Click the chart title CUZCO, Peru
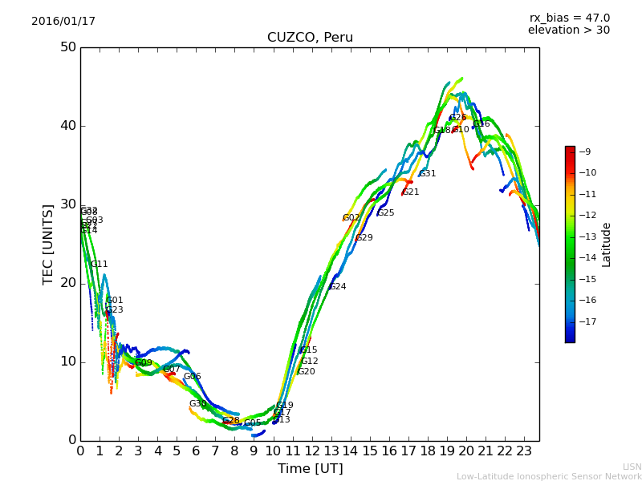click(x=310, y=38)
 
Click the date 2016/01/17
click(x=63, y=22)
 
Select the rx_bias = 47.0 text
click(x=569, y=18)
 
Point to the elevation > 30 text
click(x=568, y=30)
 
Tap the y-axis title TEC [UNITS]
click(x=48, y=244)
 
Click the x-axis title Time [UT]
click(x=310, y=469)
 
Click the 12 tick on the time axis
click(x=311, y=451)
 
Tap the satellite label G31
click(x=428, y=174)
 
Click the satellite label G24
click(x=338, y=287)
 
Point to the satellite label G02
click(x=351, y=218)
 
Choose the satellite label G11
click(x=100, y=265)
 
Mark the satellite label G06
click(x=193, y=377)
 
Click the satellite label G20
click(x=307, y=372)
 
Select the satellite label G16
click(x=481, y=124)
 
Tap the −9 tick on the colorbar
click(x=585, y=152)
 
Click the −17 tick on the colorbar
click(x=587, y=321)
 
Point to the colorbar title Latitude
click(x=607, y=245)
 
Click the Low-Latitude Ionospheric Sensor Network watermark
click(x=549, y=476)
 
